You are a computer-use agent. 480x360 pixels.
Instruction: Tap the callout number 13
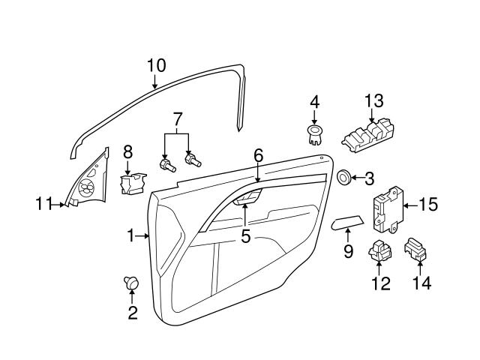coord(373,100)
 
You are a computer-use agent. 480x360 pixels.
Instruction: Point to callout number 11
coord(44,202)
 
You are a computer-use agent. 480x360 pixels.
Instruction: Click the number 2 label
coord(133,313)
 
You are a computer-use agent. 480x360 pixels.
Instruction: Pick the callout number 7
coord(177,118)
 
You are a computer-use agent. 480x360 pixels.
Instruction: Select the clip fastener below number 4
coord(314,134)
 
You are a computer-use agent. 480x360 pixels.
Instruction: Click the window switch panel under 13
coord(367,137)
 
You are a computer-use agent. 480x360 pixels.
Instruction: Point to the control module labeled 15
coord(388,210)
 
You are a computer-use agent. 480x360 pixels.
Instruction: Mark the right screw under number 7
coord(193,160)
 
